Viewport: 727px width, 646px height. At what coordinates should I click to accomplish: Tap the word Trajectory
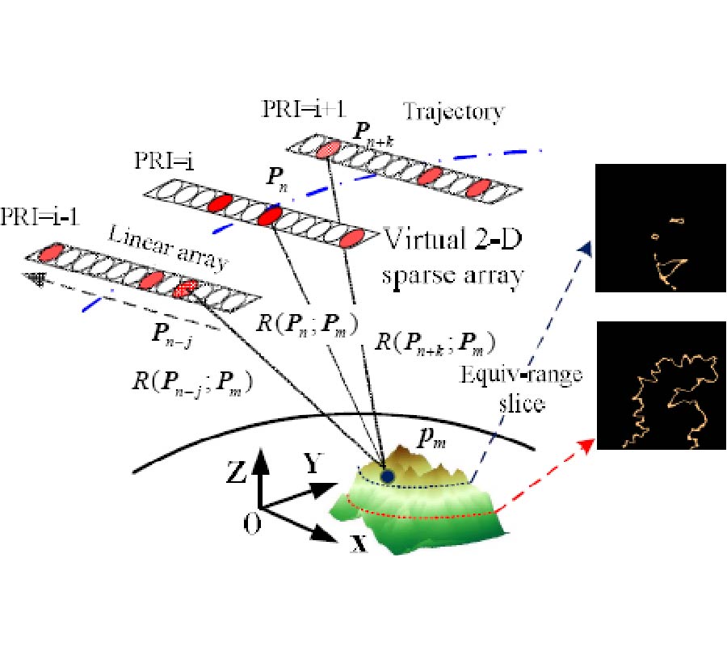click(454, 110)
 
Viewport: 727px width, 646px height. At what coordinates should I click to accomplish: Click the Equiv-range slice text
click(502, 388)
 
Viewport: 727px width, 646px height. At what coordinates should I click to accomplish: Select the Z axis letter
click(237, 474)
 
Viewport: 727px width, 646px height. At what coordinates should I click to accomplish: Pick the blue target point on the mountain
click(389, 476)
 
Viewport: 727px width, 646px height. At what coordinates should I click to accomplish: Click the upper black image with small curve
click(660, 227)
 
